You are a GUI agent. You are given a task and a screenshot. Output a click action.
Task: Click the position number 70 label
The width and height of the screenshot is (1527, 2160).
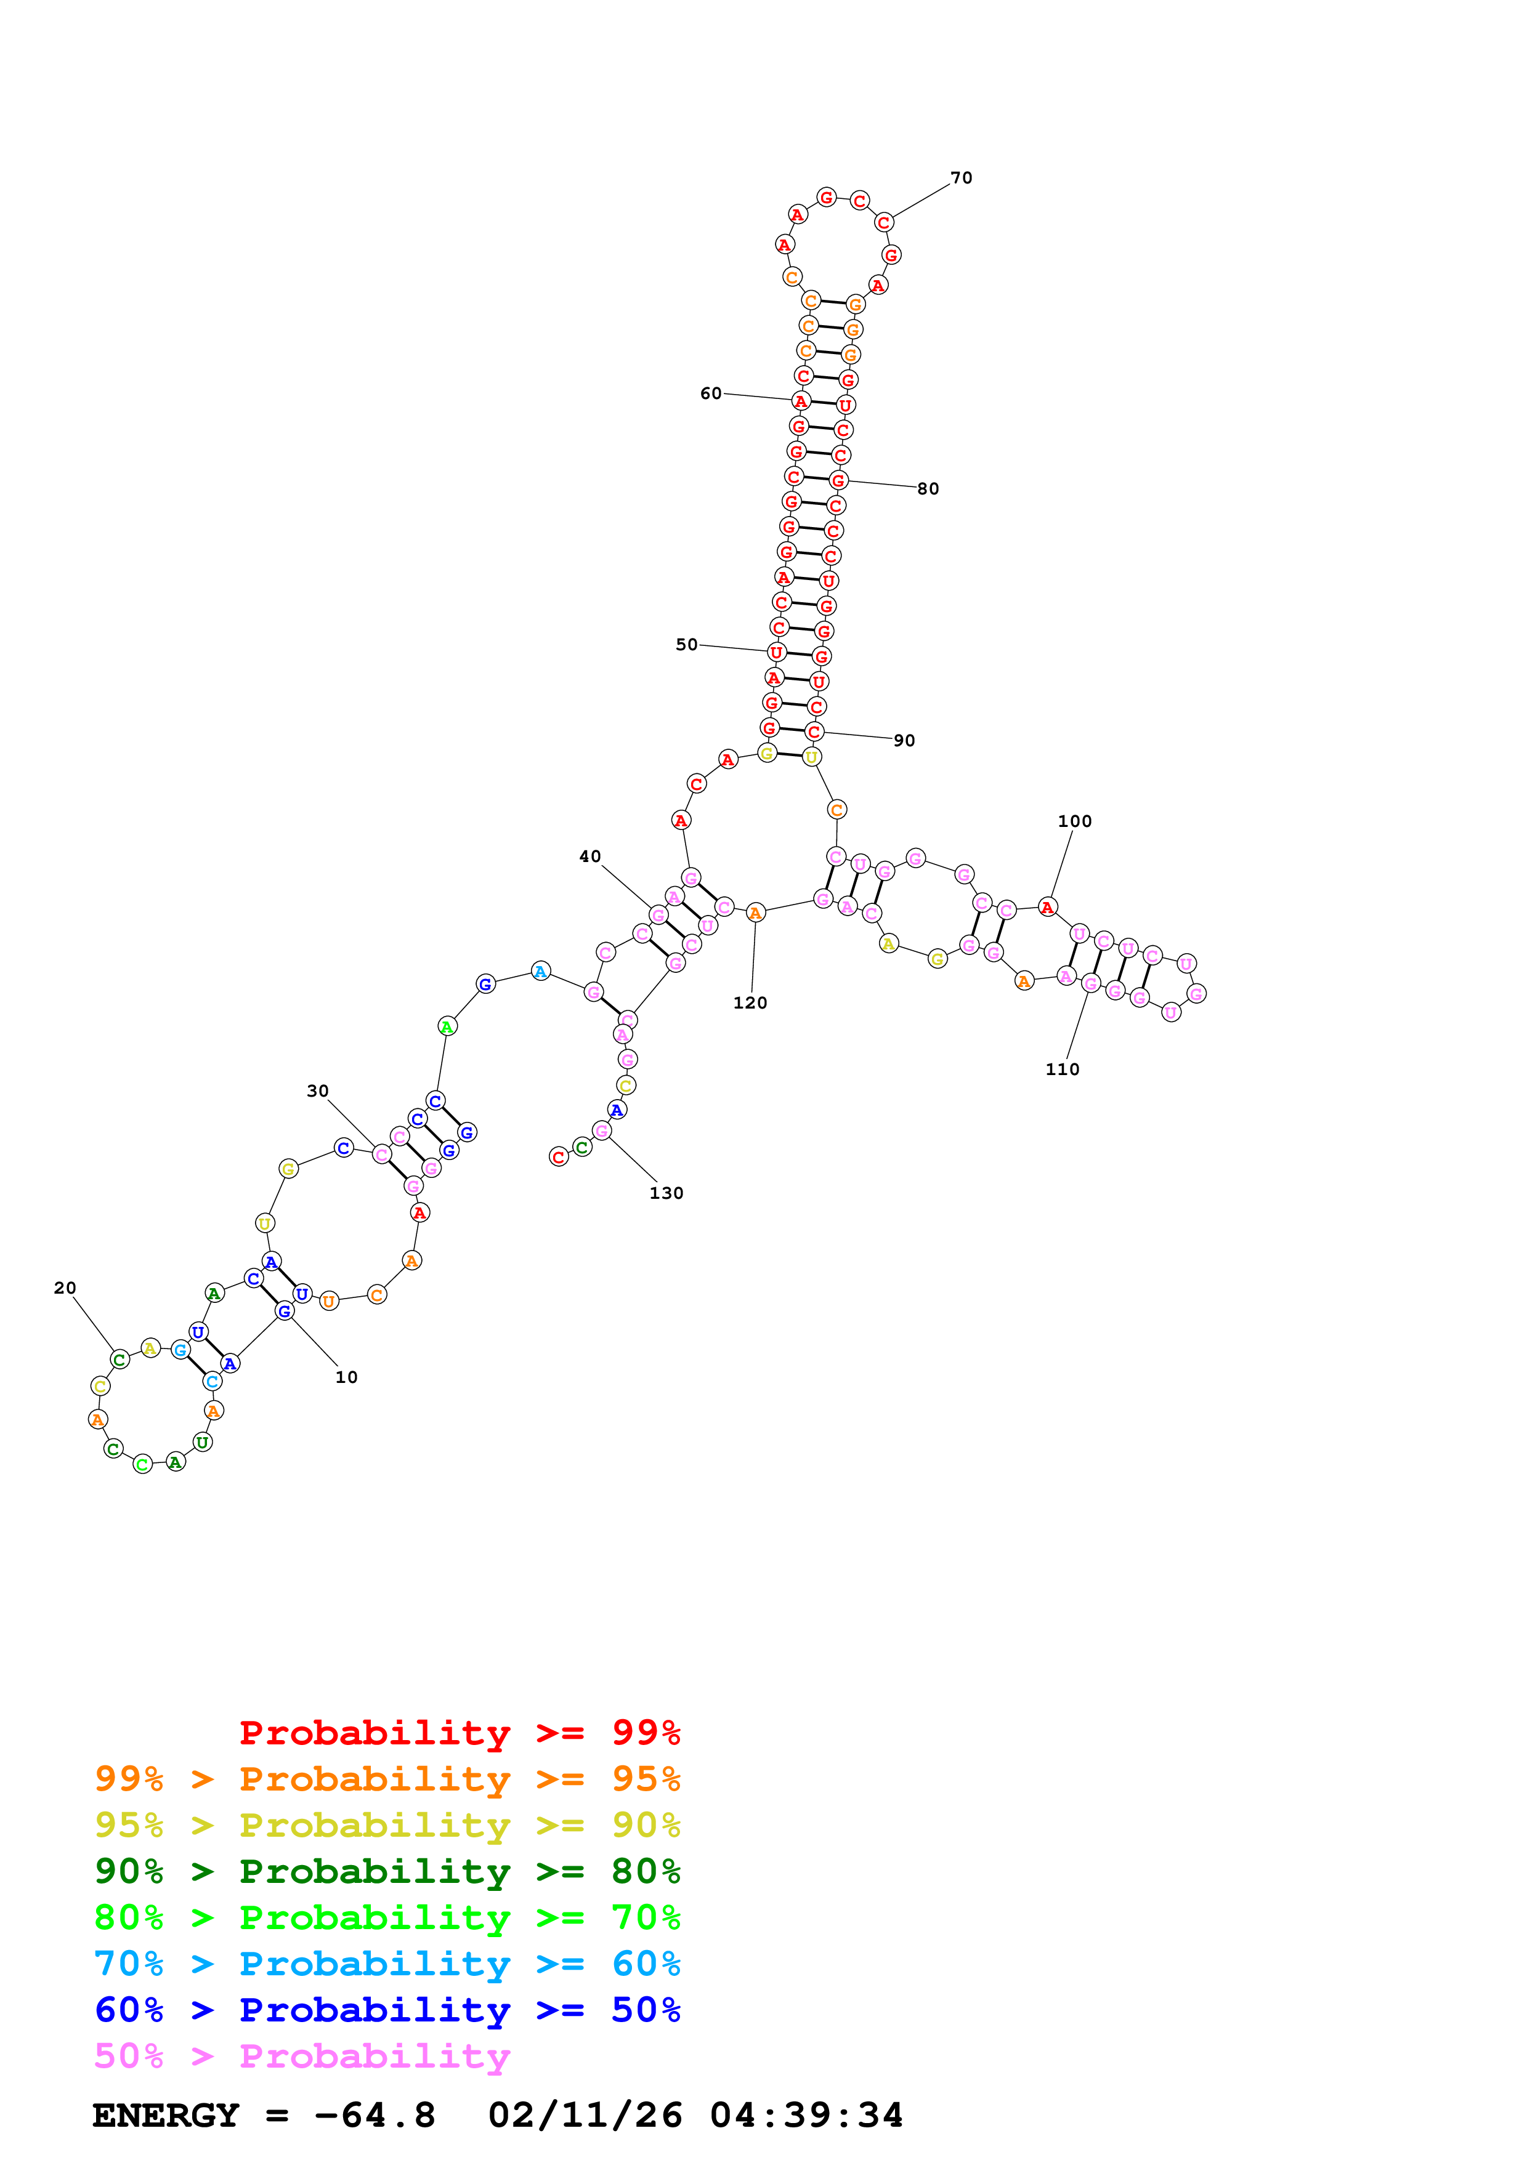[960, 178]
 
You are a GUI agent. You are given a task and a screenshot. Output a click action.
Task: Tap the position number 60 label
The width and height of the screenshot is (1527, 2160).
[710, 393]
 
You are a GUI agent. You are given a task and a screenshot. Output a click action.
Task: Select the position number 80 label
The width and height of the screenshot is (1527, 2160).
[928, 488]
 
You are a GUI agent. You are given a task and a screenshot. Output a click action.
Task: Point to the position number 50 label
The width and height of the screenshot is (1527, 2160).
[687, 645]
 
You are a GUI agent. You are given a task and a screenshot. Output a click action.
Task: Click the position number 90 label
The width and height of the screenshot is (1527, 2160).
[904, 740]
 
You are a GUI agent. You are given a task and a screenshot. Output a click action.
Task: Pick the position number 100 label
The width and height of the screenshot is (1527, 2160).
[1074, 821]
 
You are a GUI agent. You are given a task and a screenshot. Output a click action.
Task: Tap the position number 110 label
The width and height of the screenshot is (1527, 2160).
[1062, 1069]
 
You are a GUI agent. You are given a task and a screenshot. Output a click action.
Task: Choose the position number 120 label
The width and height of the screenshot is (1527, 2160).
[750, 1003]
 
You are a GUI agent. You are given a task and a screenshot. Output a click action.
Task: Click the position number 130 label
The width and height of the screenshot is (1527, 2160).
[666, 1193]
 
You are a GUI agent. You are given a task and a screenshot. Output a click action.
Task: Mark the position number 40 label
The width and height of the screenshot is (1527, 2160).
[590, 856]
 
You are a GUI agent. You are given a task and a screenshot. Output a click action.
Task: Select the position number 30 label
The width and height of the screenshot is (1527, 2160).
[318, 1090]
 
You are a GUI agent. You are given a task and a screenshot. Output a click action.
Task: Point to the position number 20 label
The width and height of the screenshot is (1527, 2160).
[65, 1288]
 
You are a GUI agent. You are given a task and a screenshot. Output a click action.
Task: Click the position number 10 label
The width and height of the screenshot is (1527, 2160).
[346, 1377]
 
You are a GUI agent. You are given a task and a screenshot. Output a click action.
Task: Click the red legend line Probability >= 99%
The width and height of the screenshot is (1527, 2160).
[459, 1732]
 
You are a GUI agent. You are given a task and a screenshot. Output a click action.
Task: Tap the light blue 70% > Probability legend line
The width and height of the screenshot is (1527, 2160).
[387, 1964]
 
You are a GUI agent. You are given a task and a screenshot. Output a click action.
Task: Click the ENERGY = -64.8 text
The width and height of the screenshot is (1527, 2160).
[264, 2115]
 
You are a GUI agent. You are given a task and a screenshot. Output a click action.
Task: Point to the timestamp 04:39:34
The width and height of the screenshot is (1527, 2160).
[806, 2115]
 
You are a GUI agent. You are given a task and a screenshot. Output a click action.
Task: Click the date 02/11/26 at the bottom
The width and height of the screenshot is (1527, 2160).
[585, 2115]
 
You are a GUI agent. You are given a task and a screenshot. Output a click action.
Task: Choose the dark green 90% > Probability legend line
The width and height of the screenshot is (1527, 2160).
[387, 1871]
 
